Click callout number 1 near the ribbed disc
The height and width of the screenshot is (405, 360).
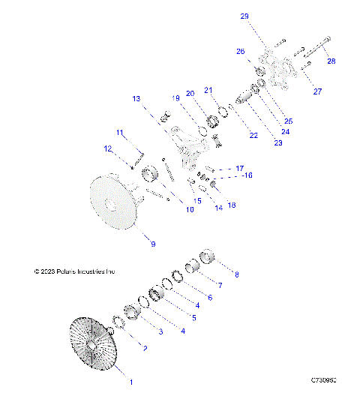(132, 382)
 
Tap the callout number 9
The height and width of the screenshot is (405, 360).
(153, 244)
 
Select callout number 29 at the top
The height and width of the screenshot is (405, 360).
(244, 15)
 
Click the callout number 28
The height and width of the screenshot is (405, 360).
(331, 61)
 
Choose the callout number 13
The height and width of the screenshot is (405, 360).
(136, 98)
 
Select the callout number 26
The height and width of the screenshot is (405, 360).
(241, 52)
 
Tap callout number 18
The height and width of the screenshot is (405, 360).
(231, 205)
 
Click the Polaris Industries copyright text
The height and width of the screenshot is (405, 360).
(75, 271)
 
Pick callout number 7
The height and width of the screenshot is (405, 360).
(220, 286)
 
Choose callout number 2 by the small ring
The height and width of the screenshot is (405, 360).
(144, 349)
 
